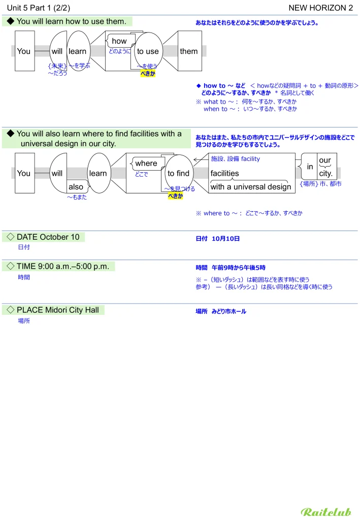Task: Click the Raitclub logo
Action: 325,511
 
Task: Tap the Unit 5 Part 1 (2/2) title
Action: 39,8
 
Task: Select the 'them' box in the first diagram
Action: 188,51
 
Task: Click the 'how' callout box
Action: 119,41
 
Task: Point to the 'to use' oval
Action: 148,51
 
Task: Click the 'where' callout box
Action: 146,163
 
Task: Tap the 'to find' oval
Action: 178,173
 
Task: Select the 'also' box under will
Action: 76,187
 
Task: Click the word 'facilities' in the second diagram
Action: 225,173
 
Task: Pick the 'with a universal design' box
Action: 250,186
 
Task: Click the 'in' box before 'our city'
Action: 310,167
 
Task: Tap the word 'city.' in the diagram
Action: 325,173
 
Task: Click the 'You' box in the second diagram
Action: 24,173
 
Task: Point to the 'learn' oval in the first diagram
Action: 78,51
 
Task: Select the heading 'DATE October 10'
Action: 48,237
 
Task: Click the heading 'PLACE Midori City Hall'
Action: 57,310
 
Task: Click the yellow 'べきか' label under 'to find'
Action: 175,196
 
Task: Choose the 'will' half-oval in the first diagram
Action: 57,51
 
